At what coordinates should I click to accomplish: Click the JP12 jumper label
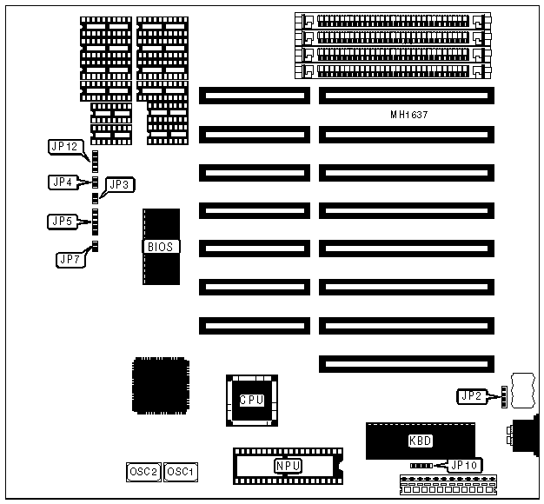(65, 146)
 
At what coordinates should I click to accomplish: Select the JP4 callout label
(62, 182)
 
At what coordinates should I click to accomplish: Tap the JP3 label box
(120, 184)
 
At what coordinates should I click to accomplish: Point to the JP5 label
(62, 222)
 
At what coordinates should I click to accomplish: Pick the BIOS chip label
(161, 247)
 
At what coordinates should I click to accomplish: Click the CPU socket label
(251, 401)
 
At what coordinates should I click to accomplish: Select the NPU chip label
(288, 465)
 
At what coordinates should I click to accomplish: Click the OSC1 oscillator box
(181, 472)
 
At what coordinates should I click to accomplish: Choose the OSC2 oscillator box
(143, 472)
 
